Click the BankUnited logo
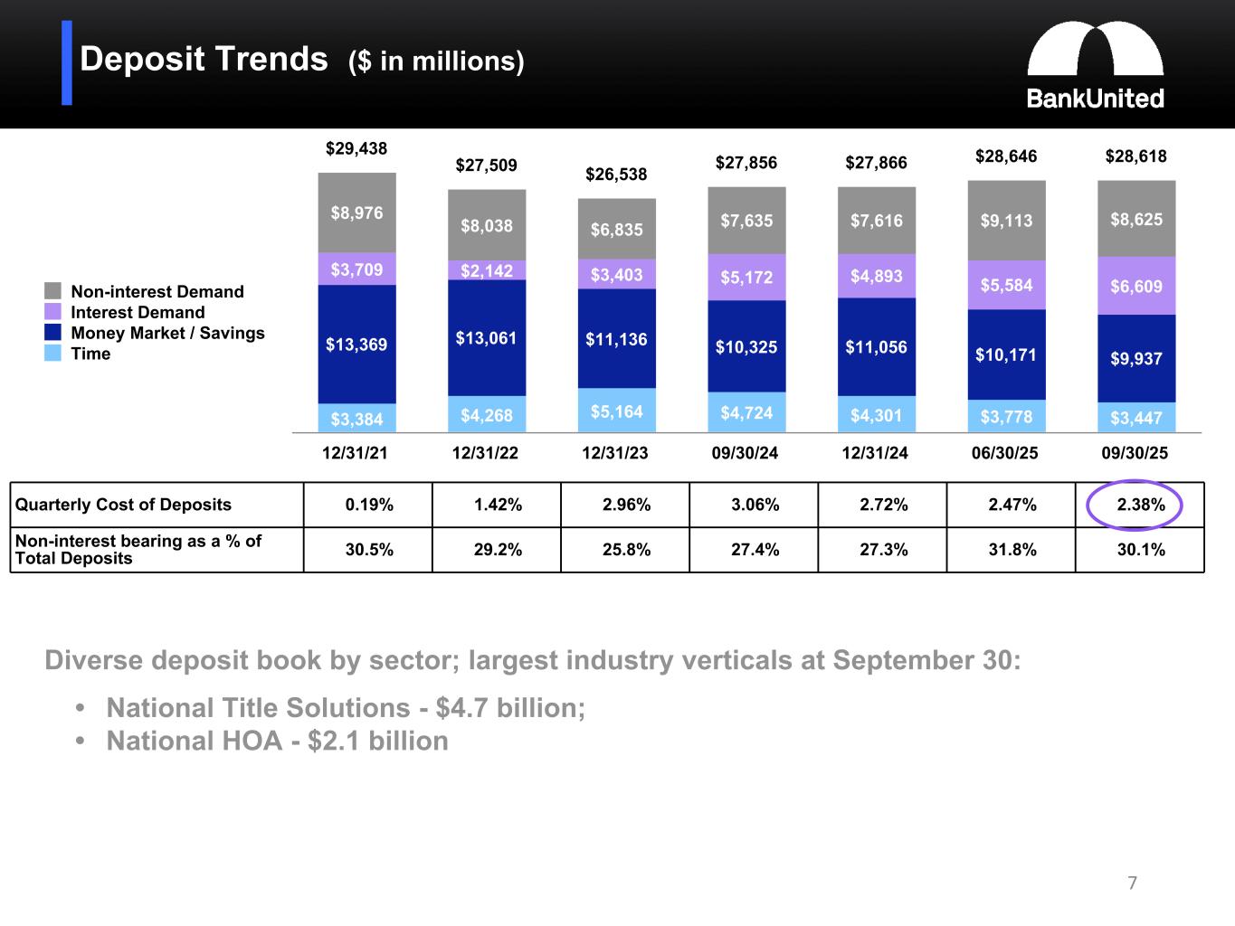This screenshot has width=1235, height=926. point(1095,65)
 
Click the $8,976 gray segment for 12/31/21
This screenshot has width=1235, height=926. point(356,213)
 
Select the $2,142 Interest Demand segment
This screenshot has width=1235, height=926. point(487,270)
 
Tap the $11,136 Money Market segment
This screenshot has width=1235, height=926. point(616,339)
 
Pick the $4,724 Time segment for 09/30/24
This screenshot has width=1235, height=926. point(746,412)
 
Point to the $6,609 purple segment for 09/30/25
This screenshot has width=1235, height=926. point(1136,286)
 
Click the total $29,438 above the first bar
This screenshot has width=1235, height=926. point(356,148)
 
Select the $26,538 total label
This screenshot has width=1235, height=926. point(616,174)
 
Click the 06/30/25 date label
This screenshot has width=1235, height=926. point(1005,453)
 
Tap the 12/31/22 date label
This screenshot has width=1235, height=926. point(486,453)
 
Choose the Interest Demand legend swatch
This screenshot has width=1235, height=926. point(53,312)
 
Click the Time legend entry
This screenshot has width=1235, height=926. point(90,354)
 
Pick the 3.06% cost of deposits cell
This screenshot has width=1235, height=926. point(755,505)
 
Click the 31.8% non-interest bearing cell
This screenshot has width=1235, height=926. point(1012,550)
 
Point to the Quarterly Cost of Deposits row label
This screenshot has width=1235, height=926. point(124,505)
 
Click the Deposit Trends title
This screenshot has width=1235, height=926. point(204,60)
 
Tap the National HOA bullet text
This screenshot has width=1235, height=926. point(277,741)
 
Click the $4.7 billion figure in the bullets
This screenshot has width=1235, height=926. point(509,707)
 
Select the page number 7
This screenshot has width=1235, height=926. point(1132,883)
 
